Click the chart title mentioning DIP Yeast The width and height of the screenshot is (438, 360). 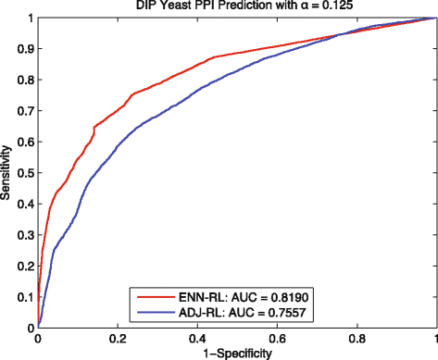click(x=237, y=7)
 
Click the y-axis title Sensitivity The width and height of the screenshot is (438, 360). click(x=8, y=172)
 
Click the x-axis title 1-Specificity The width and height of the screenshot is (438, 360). click(x=237, y=353)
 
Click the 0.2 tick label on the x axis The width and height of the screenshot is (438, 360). click(x=118, y=339)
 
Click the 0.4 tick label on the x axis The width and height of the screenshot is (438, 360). click(x=197, y=339)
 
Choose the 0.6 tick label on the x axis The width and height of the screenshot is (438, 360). click(x=277, y=339)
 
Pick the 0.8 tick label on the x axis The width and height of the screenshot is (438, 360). click(x=357, y=339)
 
